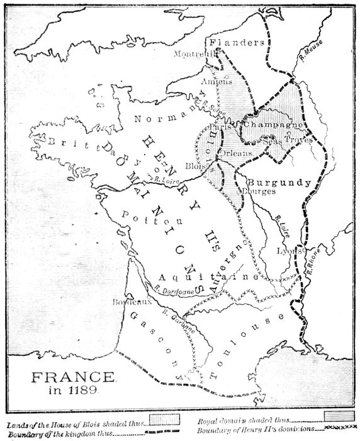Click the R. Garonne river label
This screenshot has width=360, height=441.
pyautogui.click(x=177, y=320)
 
